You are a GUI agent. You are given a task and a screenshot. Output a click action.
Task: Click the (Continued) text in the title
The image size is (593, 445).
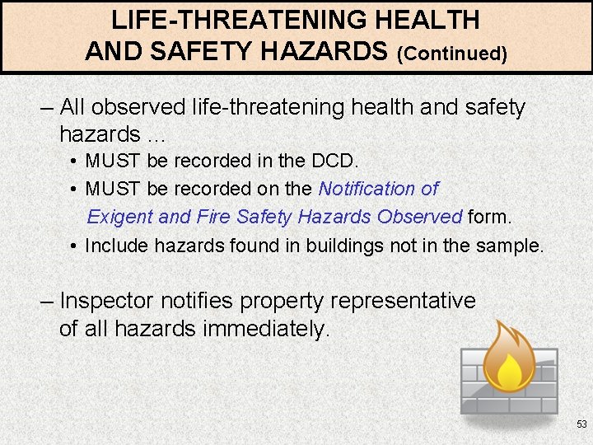[452, 54]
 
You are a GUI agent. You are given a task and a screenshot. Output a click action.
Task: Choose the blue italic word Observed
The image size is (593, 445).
[420, 217]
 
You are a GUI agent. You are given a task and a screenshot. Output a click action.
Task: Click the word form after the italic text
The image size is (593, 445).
[489, 217]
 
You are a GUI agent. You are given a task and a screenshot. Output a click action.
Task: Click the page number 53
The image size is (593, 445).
[581, 424]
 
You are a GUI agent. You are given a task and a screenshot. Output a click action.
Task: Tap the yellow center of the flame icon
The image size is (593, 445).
[509, 372]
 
